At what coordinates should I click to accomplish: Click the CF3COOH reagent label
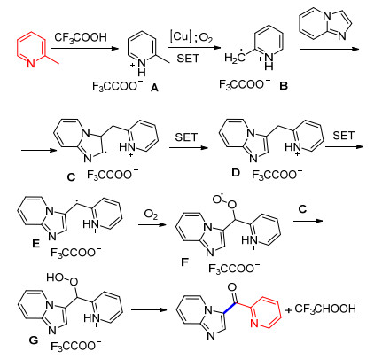click(x=81, y=37)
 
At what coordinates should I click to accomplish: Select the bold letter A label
click(x=154, y=88)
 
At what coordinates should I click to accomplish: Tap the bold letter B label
click(x=284, y=86)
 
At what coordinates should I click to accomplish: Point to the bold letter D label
click(x=235, y=172)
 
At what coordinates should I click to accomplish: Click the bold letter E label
click(x=35, y=244)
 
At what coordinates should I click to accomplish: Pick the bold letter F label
click(x=184, y=262)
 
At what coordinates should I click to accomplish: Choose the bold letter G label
click(x=34, y=340)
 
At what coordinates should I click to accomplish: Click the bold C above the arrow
click(x=302, y=209)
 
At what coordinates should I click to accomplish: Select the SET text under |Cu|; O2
click(x=188, y=59)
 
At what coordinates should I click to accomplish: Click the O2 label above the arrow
click(x=151, y=215)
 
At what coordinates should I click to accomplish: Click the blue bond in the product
click(x=229, y=308)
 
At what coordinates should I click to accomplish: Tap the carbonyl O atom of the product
click(x=233, y=286)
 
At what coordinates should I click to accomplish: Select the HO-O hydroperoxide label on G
click(x=62, y=278)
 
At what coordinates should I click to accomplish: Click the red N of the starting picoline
click(x=31, y=63)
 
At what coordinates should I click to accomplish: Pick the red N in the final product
click(x=254, y=324)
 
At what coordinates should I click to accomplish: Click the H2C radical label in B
click(x=235, y=58)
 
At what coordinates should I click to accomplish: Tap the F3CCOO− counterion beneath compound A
click(x=117, y=86)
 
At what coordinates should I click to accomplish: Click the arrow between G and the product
click(x=149, y=309)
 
